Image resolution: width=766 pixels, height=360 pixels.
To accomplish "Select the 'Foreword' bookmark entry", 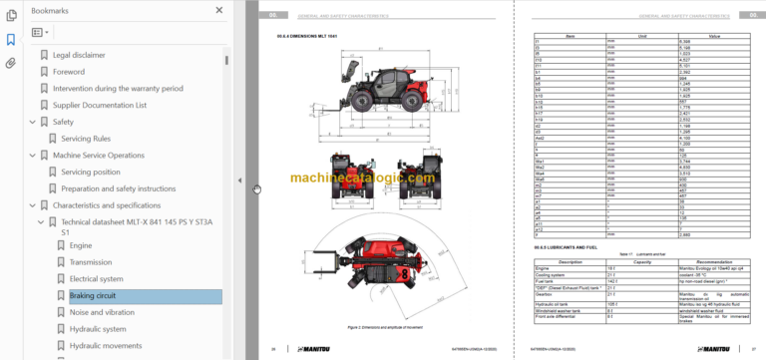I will pyautogui.click(x=69, y=71).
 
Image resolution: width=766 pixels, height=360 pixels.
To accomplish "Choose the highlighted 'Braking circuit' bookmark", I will pyautogui.click(x=93, y=295).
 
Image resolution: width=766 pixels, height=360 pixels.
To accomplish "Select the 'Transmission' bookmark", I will pyautogui.click(x=98, y=262).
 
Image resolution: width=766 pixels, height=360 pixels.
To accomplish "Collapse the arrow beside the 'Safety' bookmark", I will pyautogui.click(x=32, y=122).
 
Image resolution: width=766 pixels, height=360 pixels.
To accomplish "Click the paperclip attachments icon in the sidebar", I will pyautogui.click(x=11, y=63).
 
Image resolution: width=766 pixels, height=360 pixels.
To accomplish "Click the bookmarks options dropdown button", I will pyautogui.click(x=40, y=32).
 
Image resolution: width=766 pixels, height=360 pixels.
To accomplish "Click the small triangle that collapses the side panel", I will pyautogui.click(x=238, y=180).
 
